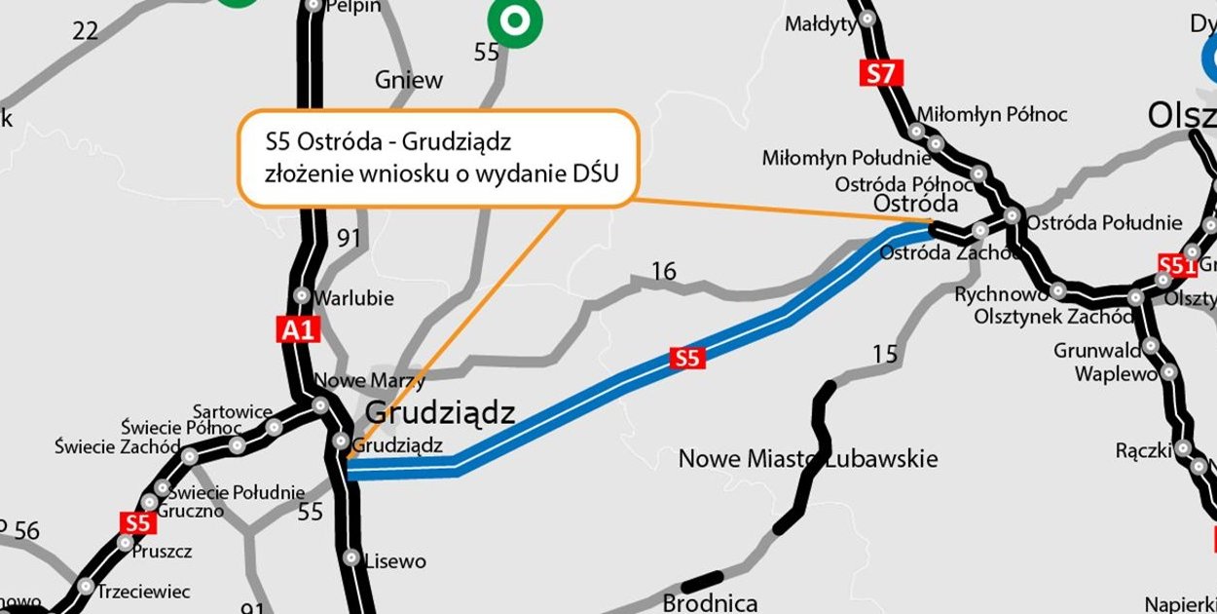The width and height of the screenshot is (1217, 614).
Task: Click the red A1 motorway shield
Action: tap(298, 330)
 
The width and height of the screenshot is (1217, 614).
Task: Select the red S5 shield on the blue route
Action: tap(686, 359)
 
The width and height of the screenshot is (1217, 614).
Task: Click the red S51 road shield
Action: tap(1177, 265)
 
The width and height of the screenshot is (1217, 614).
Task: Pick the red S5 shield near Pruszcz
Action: tap(137, 522)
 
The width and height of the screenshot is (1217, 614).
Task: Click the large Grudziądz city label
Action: tap(439, 413)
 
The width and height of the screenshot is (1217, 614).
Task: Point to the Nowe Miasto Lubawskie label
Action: tap(807, 458)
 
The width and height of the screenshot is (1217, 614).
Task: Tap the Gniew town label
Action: tap(409, 80)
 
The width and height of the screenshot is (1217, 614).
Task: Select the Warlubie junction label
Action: tap(353, 298)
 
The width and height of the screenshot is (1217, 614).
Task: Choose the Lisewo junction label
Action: tap(395, 561)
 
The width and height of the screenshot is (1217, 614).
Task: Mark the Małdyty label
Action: tap(820, 24)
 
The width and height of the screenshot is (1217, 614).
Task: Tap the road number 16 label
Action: tap(663, 272)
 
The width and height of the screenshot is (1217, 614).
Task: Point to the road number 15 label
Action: tap(884, 355)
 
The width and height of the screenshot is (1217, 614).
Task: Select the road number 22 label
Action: tap(86, 31)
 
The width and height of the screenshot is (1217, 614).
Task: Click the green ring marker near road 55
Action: tap(515, 19)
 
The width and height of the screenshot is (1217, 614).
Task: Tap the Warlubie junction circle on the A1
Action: tap(302, 295)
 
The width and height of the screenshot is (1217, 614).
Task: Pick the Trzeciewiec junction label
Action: tap(144, 591)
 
